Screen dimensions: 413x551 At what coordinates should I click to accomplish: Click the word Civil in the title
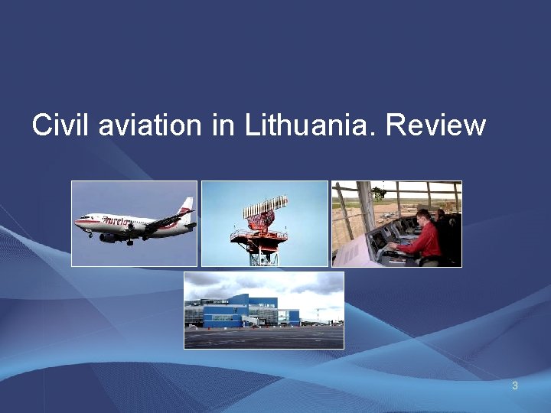click(x=61, y=125)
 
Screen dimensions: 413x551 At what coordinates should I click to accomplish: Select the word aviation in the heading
click(x=152, y=125)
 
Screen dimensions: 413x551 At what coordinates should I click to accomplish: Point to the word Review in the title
click(x=436, y=125)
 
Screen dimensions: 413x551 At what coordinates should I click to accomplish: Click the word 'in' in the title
click(x=223, y=125)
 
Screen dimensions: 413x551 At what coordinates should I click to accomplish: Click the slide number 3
click(x=515, y=385)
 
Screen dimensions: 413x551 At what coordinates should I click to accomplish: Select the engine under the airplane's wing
click(x=109, y=237)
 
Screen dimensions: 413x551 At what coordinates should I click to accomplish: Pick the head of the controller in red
click(x=423, y=216)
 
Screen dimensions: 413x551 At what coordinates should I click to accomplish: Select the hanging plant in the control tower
click(x=377, y=193)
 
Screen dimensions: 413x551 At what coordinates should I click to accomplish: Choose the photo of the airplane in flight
click(x=134, y=223)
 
